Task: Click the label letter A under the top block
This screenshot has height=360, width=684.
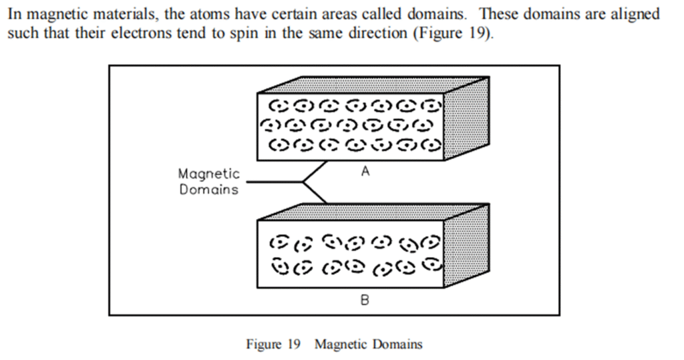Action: pos(365,172)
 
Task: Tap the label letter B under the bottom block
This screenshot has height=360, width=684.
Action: pos(365,301)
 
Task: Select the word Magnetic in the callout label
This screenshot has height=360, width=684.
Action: pos(208,174)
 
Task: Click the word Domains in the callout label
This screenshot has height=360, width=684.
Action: pos(208,190)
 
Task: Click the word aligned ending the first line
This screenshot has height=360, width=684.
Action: pos(635,14)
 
